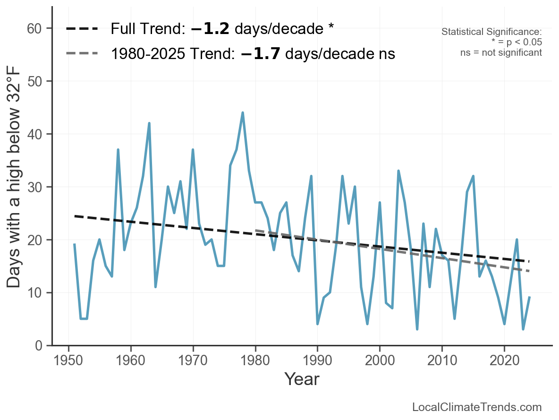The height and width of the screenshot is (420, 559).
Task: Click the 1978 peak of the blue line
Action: click(243, 113)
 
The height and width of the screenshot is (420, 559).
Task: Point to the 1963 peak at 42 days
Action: click(149, 123)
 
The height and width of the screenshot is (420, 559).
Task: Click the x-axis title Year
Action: click(302, 379)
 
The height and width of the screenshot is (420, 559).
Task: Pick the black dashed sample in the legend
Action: click(82, 29)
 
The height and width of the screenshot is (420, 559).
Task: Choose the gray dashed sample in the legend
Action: click(82, 53)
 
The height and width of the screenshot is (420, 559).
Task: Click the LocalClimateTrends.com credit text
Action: click(477, 407)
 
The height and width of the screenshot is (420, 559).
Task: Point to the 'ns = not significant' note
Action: click(501, 52)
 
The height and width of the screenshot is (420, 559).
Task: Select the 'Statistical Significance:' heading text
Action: click(491, 32)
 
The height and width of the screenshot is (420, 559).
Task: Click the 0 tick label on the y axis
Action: click(39, 346)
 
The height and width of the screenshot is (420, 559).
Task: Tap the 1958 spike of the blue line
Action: click(118, 150)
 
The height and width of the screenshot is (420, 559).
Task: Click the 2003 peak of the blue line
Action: click(398, 171)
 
